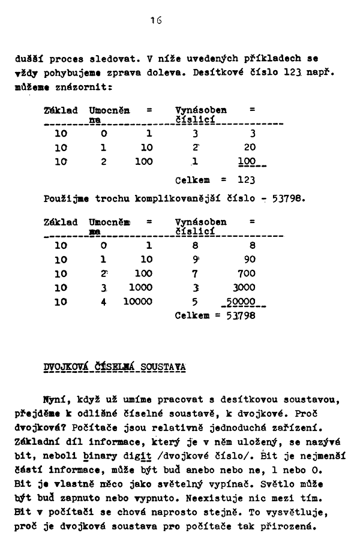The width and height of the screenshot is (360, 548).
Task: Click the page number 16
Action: click(x=157, y=20)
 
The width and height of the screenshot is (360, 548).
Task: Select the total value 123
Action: click(x=247, y=180)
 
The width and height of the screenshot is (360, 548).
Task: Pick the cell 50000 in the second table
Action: click(x=245, y=302)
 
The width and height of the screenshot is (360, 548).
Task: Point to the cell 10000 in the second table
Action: click(x=137, y=302)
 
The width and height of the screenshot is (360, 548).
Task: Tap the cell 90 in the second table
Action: click(x=250, y=260)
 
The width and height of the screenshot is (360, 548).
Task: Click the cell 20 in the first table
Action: click(x=250, y=147)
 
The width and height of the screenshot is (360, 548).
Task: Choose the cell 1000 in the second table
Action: click(x=140, y=288)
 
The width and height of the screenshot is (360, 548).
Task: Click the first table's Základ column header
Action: click(x=61, y=110)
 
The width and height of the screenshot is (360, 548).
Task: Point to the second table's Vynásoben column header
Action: click(x=200, y=222)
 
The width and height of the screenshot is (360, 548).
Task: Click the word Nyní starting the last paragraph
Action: click(x=63, y=400)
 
